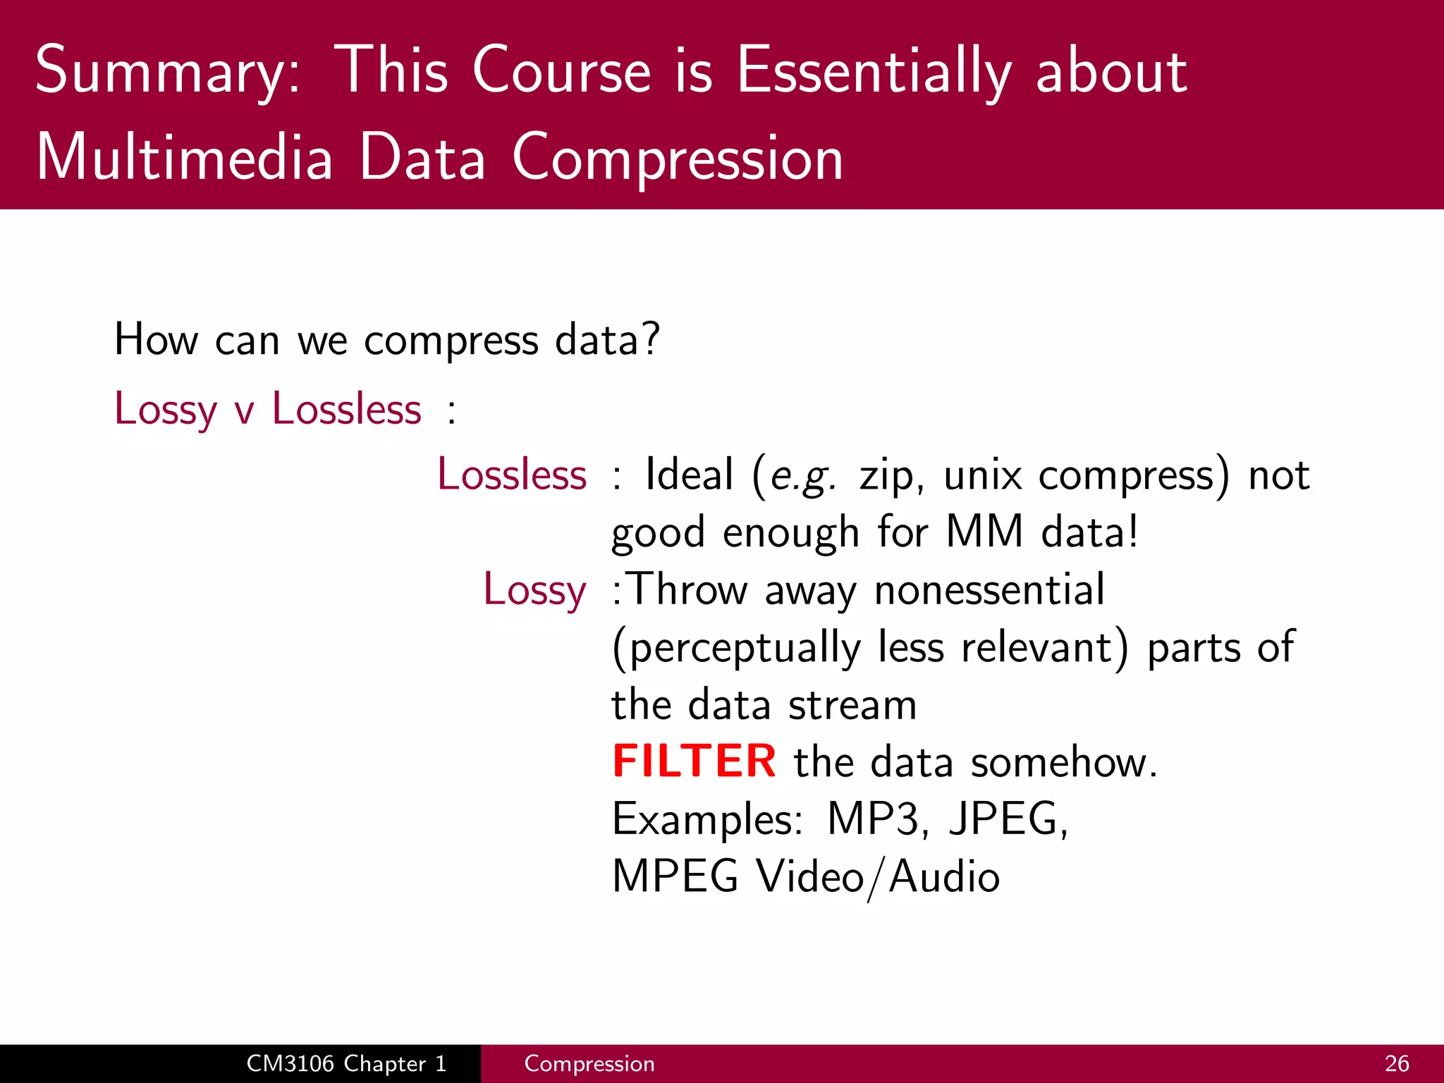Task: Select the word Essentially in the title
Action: coord(874,72)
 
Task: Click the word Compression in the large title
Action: coord(678,159)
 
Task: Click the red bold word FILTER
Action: coord(695,761)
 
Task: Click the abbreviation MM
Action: coord(984,532)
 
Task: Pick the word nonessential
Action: coord(989,589)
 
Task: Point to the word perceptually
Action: coord(738,648)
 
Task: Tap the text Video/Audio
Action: coord(878,877)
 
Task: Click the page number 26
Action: coord(1397,1063)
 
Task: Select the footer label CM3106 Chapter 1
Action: coord(346,1063)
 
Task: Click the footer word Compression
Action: coord(589,1063)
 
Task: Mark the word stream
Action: coord(852,705)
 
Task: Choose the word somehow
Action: coord(1064,762)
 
